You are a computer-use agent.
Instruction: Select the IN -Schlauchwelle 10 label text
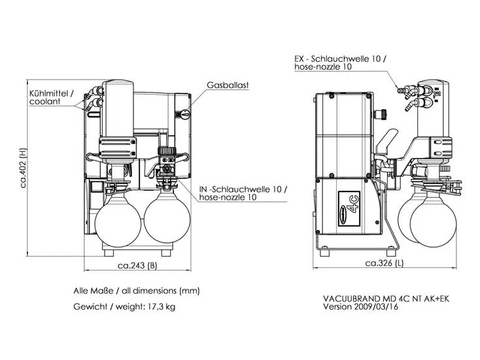(243, 193)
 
